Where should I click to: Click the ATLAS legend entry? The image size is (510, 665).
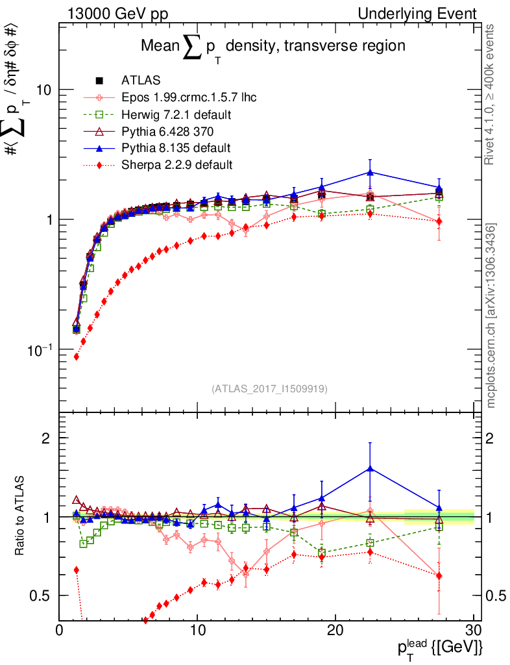136,81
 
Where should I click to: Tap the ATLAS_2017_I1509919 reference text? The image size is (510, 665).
269,389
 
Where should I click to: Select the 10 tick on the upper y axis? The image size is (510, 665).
43,90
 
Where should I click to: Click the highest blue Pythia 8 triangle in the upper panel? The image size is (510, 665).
370,172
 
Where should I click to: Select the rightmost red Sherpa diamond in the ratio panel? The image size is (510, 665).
439,576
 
